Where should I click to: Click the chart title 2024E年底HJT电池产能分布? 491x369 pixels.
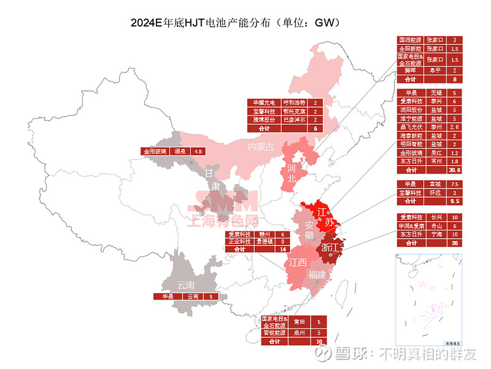click(x=236, y=23)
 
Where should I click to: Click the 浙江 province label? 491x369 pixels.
click(x=331, y=247)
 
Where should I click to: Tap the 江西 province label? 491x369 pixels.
click(x=298, y=263)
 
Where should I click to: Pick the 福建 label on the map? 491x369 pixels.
click(x=318, y=274)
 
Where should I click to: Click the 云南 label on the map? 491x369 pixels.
click(x=185, y=285)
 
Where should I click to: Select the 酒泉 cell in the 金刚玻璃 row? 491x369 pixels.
click(x=180, y=150)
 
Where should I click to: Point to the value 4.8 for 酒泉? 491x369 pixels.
click(x=198, y=150)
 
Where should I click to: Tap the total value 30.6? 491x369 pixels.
click(x=454, y=169)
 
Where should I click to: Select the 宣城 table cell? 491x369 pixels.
click(x=435, y=184)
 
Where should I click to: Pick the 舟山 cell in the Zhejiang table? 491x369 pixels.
click(x=435, y=225)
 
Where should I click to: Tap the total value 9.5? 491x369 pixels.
click(x=454, y=201)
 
